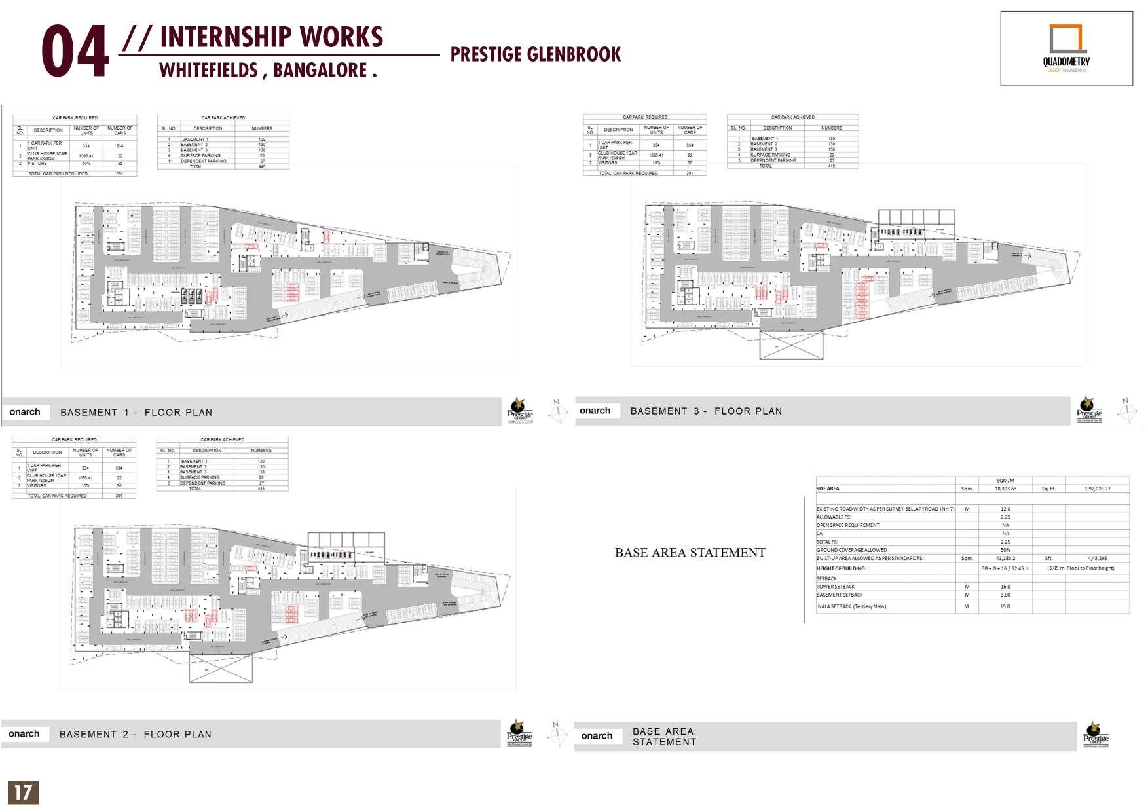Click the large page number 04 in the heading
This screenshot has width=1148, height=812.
click(x=75, y=52)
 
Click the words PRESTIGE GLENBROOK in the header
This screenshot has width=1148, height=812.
click(x=535, y=54)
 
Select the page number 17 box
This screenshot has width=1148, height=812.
click(x=23, y=792)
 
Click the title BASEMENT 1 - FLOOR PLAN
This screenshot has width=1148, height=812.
click(x=136, y=413)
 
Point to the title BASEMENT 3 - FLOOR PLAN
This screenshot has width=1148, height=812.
click(x=706, y=411)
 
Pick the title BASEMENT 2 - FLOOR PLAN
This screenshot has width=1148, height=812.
click(x=136, y=735)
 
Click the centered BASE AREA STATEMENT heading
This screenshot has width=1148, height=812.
click(x=690, y=553)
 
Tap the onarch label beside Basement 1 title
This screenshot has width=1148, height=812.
click(x=25, y=412)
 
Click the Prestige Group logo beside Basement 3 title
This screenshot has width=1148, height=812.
click(x=1089, y=410)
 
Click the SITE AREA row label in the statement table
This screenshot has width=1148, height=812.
click(x=828, y=489)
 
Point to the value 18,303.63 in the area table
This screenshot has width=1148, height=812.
click(x=1005, y=489)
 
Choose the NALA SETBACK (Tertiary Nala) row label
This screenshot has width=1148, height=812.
click(x=852, y=607)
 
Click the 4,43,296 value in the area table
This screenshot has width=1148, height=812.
click(x=1097, y=559)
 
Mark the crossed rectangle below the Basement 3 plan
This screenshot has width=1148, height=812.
click(x=790, y=345)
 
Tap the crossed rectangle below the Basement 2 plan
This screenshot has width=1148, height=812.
click(x=221, y=668)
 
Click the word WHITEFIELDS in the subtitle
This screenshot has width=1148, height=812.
click(x=209, y=70)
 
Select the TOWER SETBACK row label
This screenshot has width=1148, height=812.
click(x=836, y=587)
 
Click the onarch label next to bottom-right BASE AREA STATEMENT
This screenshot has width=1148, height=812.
click(x=597, y=736)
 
